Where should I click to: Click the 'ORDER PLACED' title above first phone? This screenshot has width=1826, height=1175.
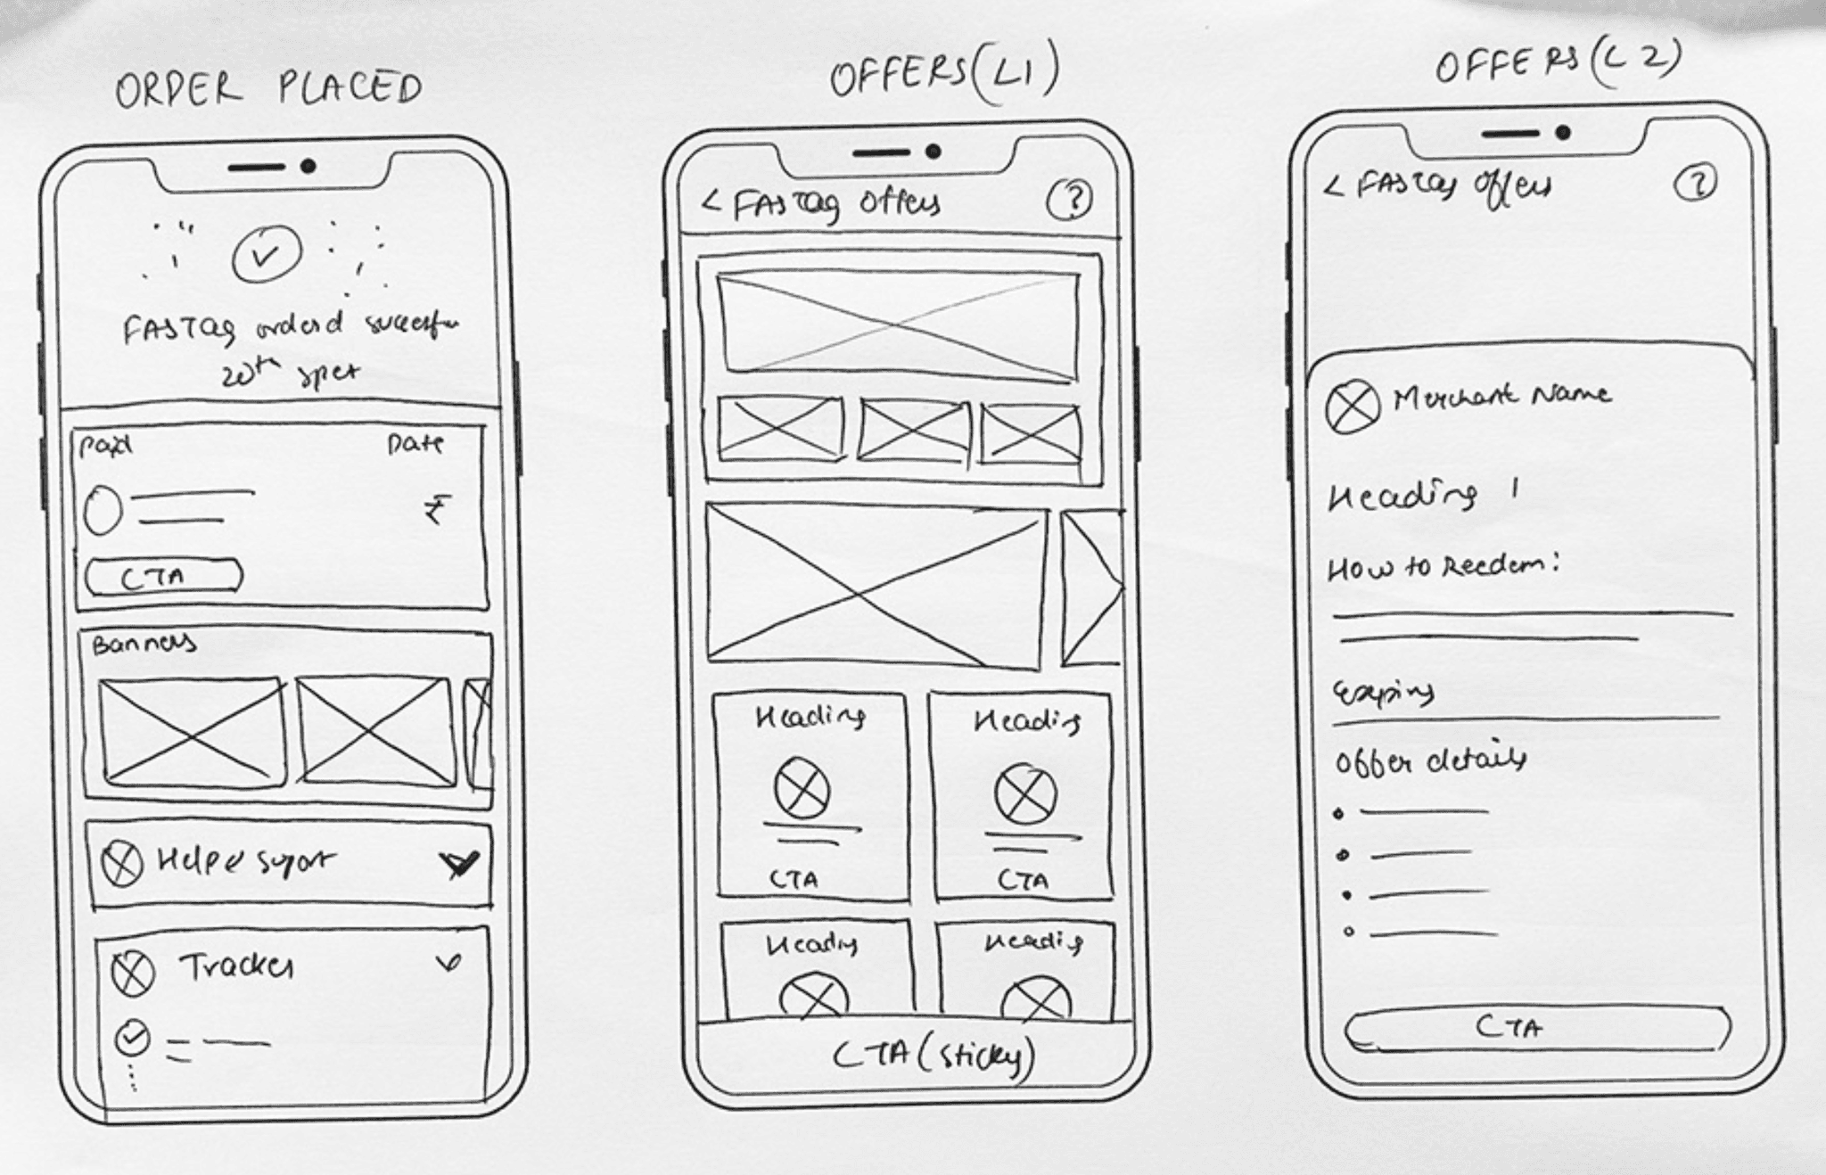click(x=268, y=88)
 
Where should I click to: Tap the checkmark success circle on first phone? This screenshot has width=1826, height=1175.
click(x=266, y=256)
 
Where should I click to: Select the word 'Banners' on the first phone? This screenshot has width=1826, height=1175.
click(x=143, y=644)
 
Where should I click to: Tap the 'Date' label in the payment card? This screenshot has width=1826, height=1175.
click(x=415, y=443)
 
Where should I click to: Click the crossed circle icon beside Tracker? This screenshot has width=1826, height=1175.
click(x=134, y=973)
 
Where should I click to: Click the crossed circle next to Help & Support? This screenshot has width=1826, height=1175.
click(x=121, y=863)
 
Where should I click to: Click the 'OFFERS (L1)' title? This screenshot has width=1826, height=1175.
click(x=944, y=74)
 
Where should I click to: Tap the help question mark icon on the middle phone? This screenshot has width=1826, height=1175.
click(x=1069, y=201)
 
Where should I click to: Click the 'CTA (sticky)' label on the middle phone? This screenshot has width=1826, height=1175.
click(x=934, y=1056)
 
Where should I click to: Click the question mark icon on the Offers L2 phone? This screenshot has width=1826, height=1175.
click(x=1694, y=184)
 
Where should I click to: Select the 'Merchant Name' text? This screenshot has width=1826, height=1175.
click(x=1502, y=395)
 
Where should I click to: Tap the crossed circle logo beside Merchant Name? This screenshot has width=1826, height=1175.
click(x=1353, y=407)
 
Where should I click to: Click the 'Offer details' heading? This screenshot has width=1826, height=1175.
click(x=1429, y=760)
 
